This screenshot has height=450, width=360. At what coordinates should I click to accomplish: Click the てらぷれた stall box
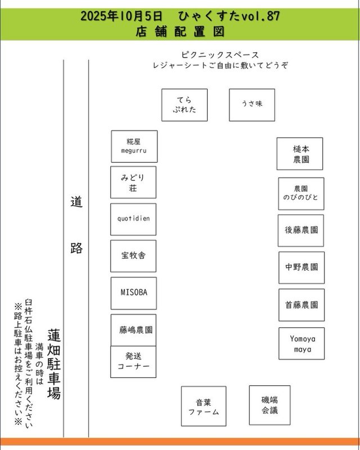coord(184,105)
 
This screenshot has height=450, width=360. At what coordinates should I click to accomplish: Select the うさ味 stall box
coord(251,105)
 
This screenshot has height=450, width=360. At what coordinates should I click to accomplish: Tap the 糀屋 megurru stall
coord(134,146)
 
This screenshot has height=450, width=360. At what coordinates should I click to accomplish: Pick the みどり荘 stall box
coord(133,182)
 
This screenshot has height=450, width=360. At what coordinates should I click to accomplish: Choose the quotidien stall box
coord(133,219)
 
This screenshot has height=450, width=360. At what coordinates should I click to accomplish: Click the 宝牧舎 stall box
coord(133,255)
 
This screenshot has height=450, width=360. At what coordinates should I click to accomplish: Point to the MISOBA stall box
coord(133,292)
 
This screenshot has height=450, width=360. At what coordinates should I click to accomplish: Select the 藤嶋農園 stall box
coord(133,330)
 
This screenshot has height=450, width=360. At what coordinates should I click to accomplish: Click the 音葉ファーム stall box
coord(203,406)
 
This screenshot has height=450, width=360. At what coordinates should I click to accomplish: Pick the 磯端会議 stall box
coord(269,404)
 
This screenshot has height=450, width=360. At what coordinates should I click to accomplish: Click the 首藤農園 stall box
coord(301,305)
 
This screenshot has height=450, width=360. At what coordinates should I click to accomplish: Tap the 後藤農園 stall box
coord(301,230)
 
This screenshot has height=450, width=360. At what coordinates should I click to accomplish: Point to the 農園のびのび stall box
coord(301,193)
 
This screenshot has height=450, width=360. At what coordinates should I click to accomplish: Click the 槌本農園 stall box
coord(299,154)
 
